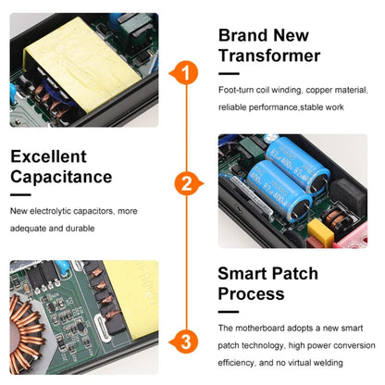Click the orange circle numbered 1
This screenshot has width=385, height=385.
[186, 73]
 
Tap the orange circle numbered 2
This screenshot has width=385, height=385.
[187, 183]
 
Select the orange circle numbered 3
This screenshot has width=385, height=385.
[186, 342]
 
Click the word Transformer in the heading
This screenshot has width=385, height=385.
[269, 56]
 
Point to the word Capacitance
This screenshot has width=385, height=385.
[61, 177]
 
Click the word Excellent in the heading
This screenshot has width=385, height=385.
[48, 156]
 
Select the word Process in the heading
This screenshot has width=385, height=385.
[251, 293]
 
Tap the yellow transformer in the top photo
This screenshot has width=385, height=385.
[81, 63]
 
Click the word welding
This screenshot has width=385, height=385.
[328, 363]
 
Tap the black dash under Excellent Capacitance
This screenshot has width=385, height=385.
[20, 195]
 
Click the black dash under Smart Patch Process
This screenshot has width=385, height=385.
[229, 312]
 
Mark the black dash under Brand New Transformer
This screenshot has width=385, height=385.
[229, 74]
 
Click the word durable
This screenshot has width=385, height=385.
[80, 229]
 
